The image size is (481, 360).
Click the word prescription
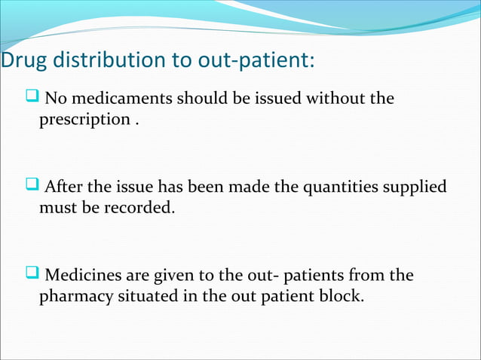(x=84, y=120)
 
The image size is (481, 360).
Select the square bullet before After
(x=32, y=185)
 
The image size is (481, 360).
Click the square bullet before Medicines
(x=32, y=274)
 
